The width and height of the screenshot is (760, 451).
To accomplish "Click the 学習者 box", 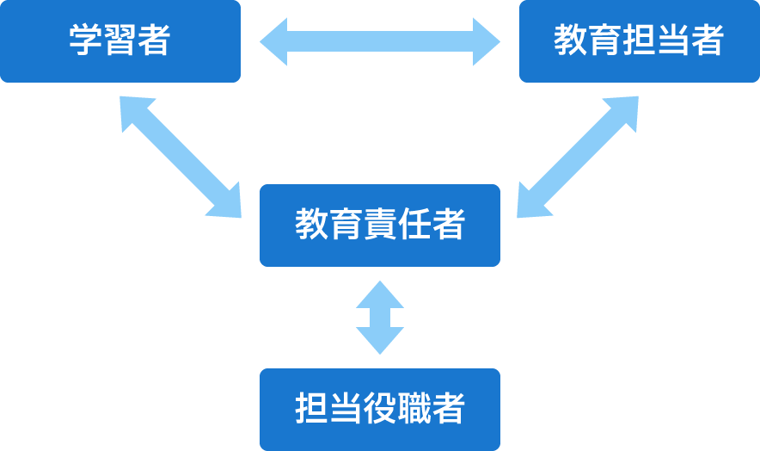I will pyautogui.click(x=120, y=41).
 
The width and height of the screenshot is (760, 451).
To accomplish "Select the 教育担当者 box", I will pyautogui.click(x=639, y=41).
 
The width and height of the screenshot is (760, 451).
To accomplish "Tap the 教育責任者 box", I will pyautogui.click(x=379, y=225).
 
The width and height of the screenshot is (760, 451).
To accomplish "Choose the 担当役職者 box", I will pyautogui.click(x=379, y=410).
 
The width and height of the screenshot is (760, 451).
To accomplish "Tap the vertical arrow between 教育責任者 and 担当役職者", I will pyautogui.click(x=379, y=318).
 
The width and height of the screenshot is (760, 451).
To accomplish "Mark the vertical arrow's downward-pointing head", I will pyautogui.click(x=379, y=342).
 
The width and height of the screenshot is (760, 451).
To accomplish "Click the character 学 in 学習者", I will pyautogui.click(x=86, y=41).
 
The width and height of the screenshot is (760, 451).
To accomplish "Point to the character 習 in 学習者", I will pyautogui.click(x=120, y=41).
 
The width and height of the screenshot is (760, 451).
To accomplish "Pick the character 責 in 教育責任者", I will pyautogui.click(x=379, y=225).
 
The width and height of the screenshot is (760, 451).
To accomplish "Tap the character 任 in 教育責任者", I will pyautogui.click(x=414, y=225).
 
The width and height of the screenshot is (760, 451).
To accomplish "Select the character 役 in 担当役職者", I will pyautogui.click(x=379, y=410).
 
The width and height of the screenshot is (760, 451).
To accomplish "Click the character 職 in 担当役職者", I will pyautogui.click(x=414, y=410).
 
